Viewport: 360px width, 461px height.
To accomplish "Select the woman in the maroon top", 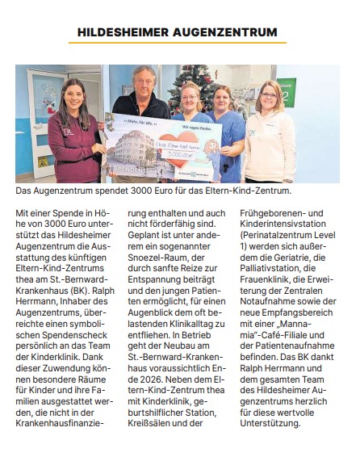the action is [x=72, y=133].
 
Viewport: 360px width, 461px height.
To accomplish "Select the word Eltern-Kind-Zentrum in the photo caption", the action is [x=245, y=191].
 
